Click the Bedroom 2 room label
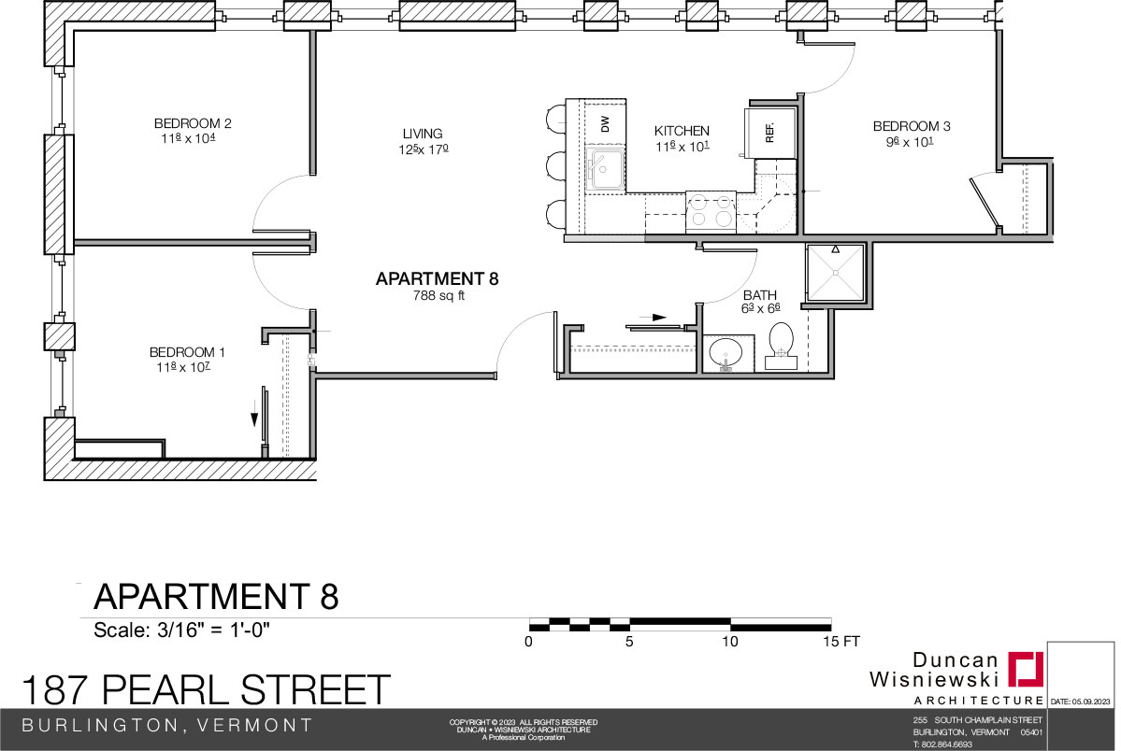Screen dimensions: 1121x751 click(193, 123)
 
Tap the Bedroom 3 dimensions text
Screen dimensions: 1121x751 click(910, 141)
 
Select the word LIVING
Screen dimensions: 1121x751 click(423, 134)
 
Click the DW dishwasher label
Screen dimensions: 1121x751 click(606, 123)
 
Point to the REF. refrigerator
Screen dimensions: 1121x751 click(770, 133)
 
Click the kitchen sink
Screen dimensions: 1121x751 click(605, 169)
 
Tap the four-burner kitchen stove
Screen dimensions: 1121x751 click(711, 211)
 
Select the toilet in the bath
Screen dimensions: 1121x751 click(782, 347)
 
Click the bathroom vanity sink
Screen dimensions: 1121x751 click(726, 354)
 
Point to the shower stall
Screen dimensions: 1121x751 click(835, 272)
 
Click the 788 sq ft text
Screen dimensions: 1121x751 click(438, 295)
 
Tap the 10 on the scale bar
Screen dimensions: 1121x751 click(729, 642)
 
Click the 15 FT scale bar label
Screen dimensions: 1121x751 click(841, 642)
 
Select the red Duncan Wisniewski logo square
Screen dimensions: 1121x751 click(1026, 669)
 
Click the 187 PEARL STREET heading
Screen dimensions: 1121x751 click(206, 690)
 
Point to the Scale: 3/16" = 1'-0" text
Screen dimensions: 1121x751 click(181, 631)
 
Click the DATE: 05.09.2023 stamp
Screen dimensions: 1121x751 click(1080, 702)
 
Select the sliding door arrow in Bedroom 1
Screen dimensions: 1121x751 click(253, 414)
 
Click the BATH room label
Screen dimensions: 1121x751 click(759, 295)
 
